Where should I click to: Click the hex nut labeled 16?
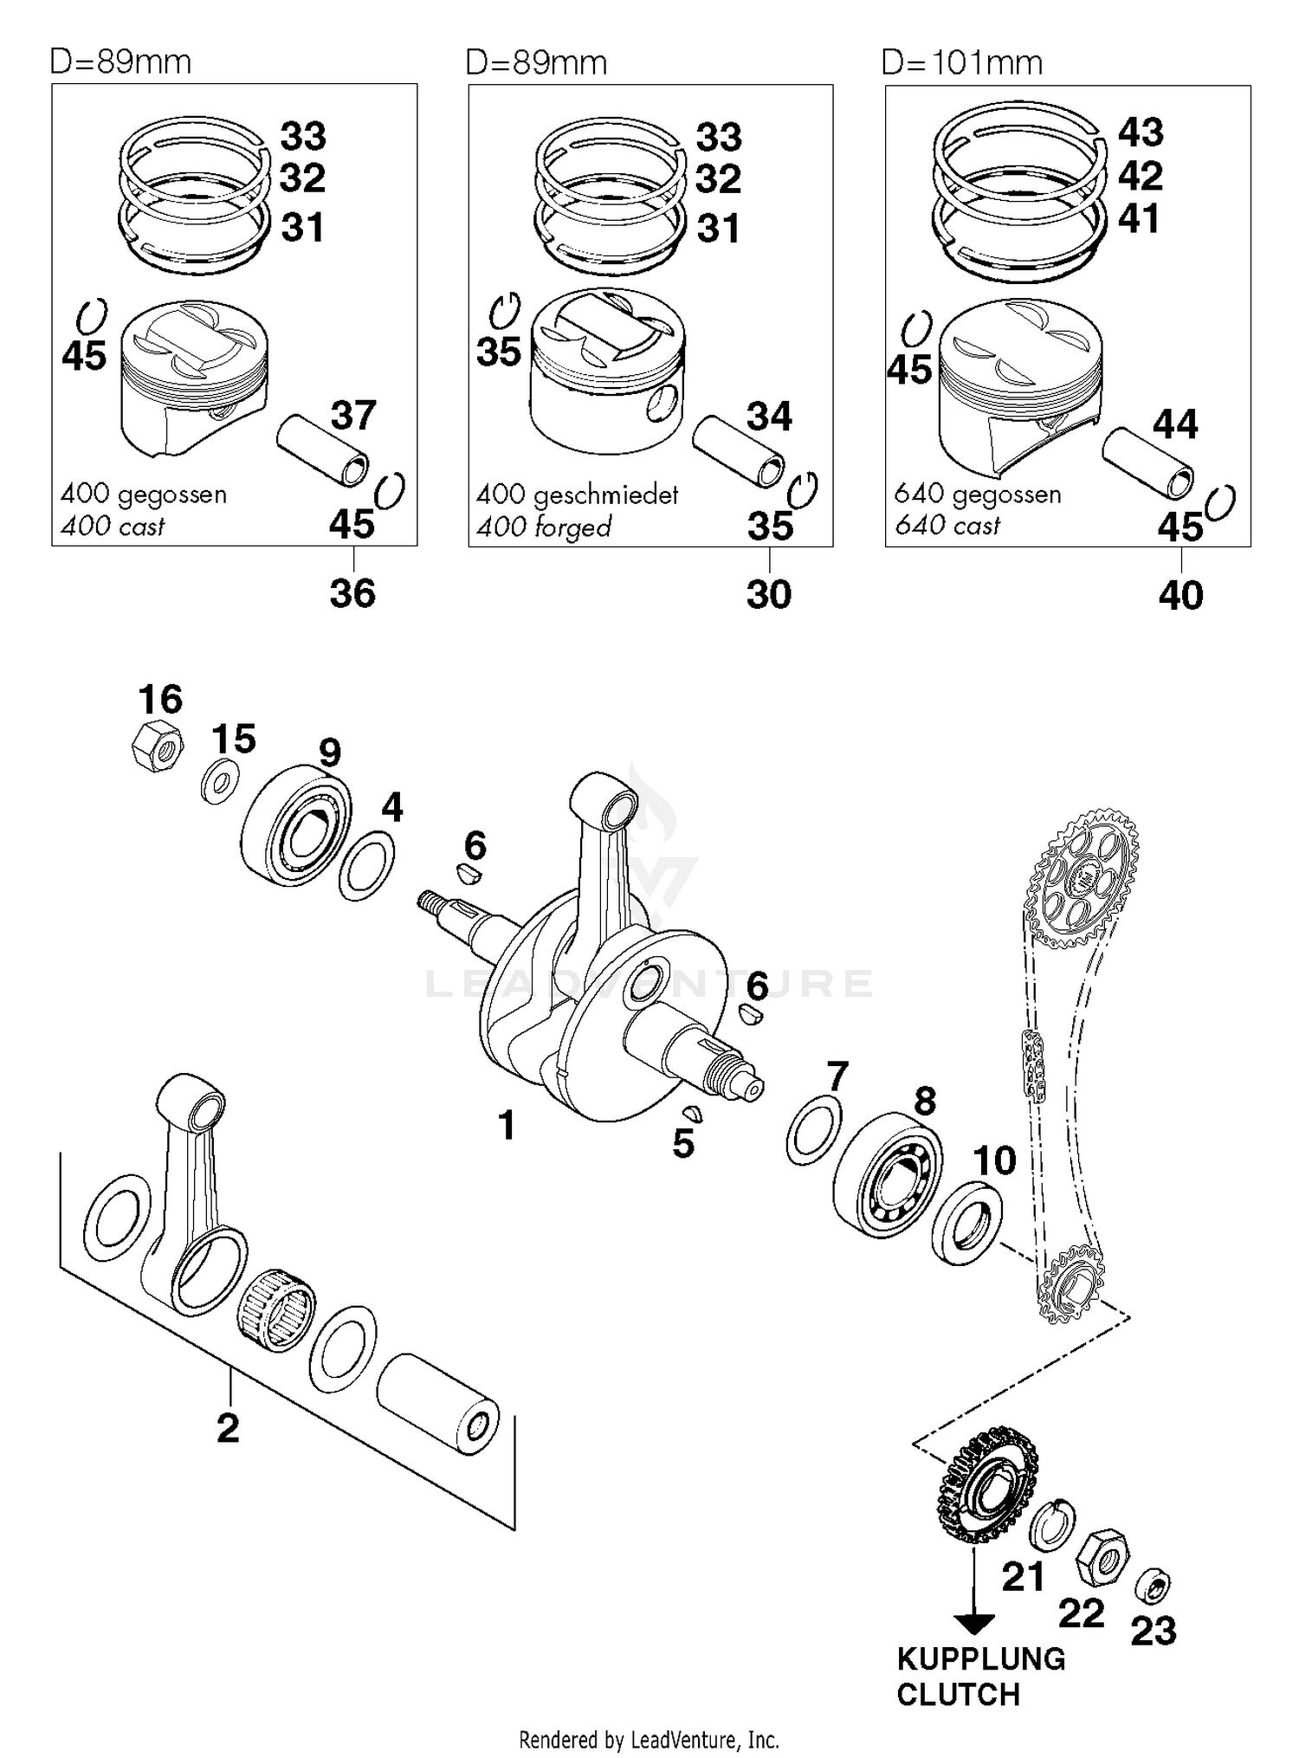[157, 745]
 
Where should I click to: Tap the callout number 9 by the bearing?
[330, 753]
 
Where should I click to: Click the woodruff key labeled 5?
[692, 1114]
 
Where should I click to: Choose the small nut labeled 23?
[1153, 1585]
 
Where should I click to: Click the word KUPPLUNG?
[980, 1659]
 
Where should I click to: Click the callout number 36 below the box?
[352, 594]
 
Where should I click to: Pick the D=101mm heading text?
[961, 63]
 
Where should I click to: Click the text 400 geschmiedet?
[577, 495]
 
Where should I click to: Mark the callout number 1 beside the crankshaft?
[507, 1126]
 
